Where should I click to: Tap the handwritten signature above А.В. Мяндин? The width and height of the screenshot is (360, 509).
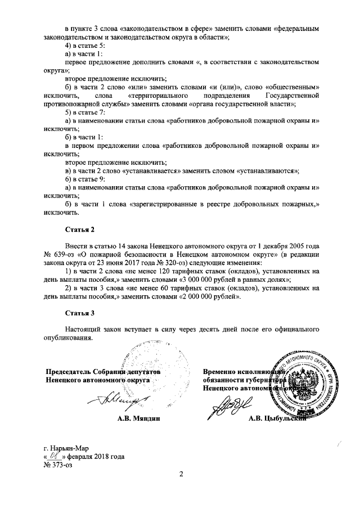112,401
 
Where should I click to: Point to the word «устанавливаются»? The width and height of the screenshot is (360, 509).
268,170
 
